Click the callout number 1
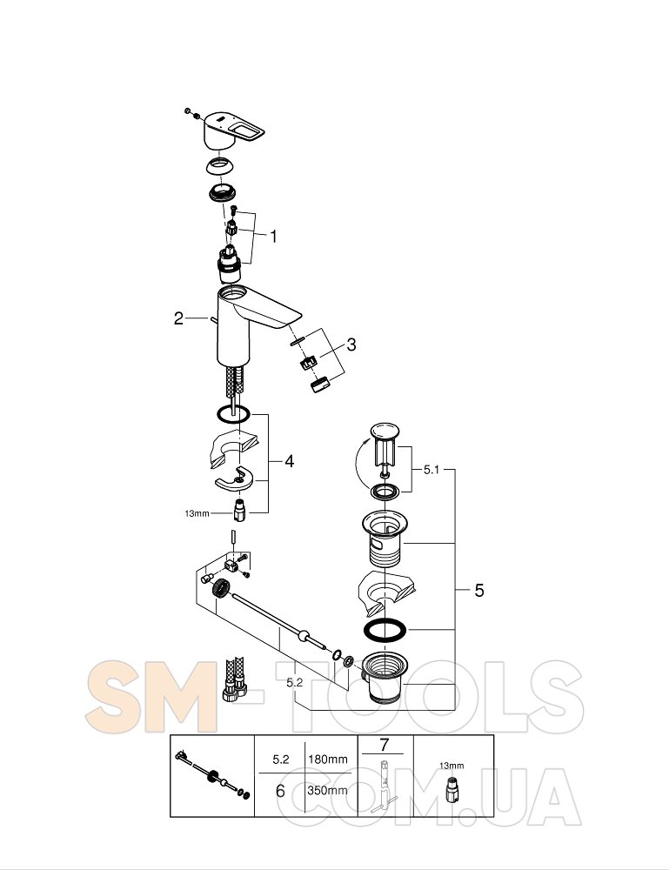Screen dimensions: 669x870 pyautogui.click(x=273, y=237)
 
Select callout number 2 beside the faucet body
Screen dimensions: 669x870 pyautogui.click(x=178, y=318)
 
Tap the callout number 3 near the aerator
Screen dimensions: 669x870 pyautogui.click(x=351, y=345)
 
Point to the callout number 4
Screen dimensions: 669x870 pyautogui.click(x=289, y=461)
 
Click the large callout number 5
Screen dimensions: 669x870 pyautogui.click(x=479, y=591)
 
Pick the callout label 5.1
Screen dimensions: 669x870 pyautogui.click(x=431, y=470)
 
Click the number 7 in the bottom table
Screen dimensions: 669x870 pyautogui.click(x=385, y=745)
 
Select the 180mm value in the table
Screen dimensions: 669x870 pyautogui.click(x=328, y=759)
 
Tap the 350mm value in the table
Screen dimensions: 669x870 pyautogui.click(x=328, y=790)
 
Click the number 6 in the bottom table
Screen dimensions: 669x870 pyautogui.click(x=280, y=791)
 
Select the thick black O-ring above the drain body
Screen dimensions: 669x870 pyautogui.click(x=384, y=630)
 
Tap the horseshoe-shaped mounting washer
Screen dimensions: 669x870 pyautogui.click(x=235, y=479)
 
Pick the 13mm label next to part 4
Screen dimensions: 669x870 pyautogui.click(x=197, y=514)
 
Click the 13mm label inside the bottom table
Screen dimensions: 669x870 pyautogui.click(x=452, y=766)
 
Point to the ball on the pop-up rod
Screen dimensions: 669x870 pyautogui.click(x=303, y=635)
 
